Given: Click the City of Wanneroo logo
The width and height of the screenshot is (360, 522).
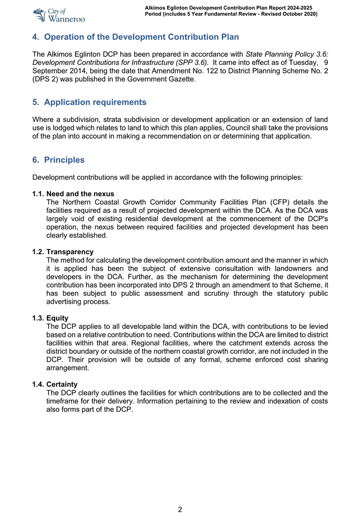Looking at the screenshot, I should pyautogui.click(x=58, y=15).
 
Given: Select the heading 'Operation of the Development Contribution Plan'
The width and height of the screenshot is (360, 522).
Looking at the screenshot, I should pyautogui.click(x=141, y=37).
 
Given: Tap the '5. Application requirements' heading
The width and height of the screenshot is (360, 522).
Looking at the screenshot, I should pyautogui.click(x=89, y=102).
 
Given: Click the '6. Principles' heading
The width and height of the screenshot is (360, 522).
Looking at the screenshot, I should pyautogui.click(x=58, y=160).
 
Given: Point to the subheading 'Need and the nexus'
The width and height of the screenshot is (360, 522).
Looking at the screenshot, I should pyautogui.click(x=80, y=194).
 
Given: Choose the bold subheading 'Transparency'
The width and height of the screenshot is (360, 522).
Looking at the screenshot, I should pyautogui.click(x=70, y=252).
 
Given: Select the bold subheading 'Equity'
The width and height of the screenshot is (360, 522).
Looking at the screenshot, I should pyautogui.click(x=57, y=318).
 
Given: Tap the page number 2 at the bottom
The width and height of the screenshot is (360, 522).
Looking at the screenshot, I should pyautogui.click(x=180, y=509).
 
